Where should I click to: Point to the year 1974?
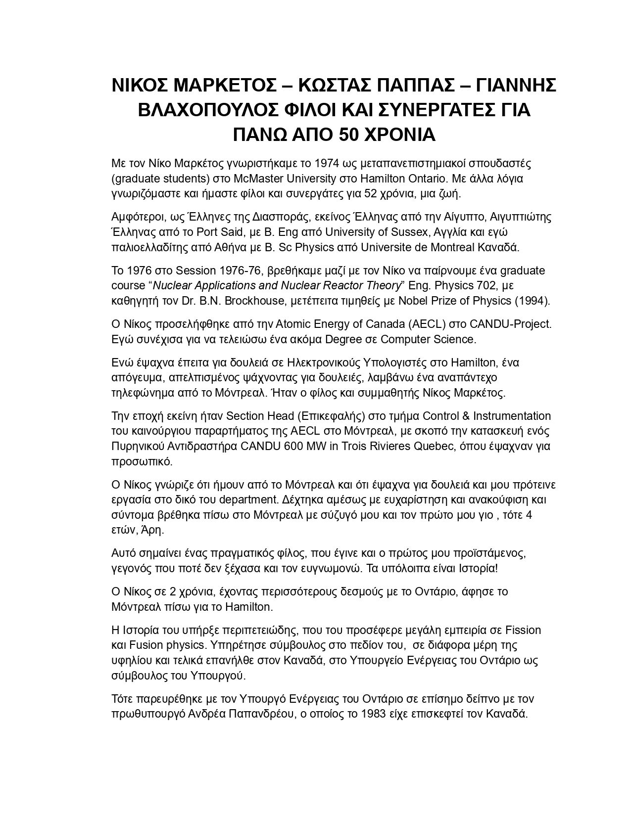(x=326, y=163)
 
